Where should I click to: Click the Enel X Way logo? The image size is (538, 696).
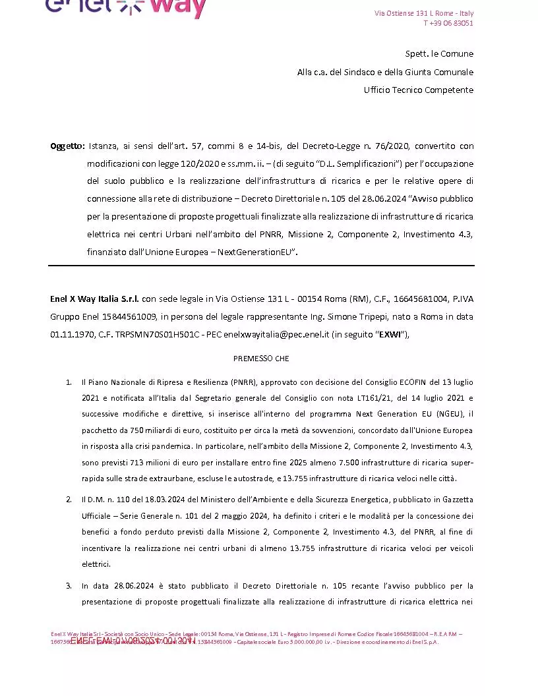(x=125, y=8)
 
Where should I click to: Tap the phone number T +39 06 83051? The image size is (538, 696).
(x=448, y=23)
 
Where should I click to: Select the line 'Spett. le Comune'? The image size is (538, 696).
(x=439, y=53)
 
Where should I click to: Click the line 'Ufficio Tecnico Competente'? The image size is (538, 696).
(x=419, y=90)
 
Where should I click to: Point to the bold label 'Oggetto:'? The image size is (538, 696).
(x=67, y=146)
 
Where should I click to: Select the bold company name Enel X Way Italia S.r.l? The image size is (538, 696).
(x=94, y=299)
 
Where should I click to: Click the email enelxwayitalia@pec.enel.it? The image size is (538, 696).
(x=276, y=334)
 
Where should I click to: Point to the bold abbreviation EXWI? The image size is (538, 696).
(x=390, y=334)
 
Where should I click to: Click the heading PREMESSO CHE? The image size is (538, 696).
(x=261, y=359)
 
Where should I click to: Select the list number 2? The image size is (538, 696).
(x=69, y=499)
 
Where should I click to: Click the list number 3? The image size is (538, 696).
(x=69, y=585)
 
